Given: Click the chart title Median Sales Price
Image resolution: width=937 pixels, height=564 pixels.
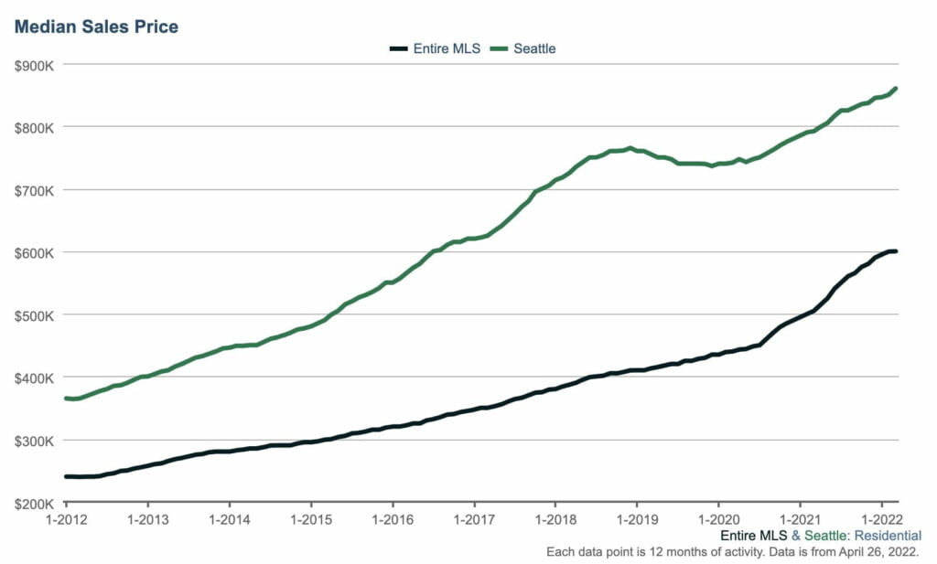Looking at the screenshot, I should coord(96,27).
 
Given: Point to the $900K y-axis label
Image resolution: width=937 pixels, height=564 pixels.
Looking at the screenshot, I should coord(34,65).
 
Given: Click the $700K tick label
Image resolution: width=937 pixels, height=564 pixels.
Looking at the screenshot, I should coord(34,190).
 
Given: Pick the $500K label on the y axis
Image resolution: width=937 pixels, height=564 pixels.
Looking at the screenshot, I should coord(34,315).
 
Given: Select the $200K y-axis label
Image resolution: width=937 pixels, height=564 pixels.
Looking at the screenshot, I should coord(34,503).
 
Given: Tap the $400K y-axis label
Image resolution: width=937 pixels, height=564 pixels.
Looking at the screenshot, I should coord(34,378).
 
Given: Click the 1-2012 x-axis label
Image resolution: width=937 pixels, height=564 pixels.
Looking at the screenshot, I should coord(66,518).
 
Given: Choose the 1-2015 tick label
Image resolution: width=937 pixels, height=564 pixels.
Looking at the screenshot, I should coord(311,518).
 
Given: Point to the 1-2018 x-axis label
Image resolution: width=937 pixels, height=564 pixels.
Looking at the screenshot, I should coord(555,518).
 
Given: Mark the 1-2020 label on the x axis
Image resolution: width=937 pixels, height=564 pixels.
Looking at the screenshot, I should coord(718,518).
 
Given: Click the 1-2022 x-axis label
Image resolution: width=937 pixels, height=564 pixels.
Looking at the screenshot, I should coord(881,518).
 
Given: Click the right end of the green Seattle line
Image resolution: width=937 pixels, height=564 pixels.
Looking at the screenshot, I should coord(896,89).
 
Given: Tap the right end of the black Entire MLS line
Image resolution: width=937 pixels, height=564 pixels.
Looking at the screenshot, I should coord(896,251).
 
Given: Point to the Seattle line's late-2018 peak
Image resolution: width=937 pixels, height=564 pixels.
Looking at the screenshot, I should coord(630,148).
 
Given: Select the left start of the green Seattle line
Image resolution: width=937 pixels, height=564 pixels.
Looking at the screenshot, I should coord(66,399).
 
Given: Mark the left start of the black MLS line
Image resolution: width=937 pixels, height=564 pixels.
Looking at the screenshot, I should coord(66,476).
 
